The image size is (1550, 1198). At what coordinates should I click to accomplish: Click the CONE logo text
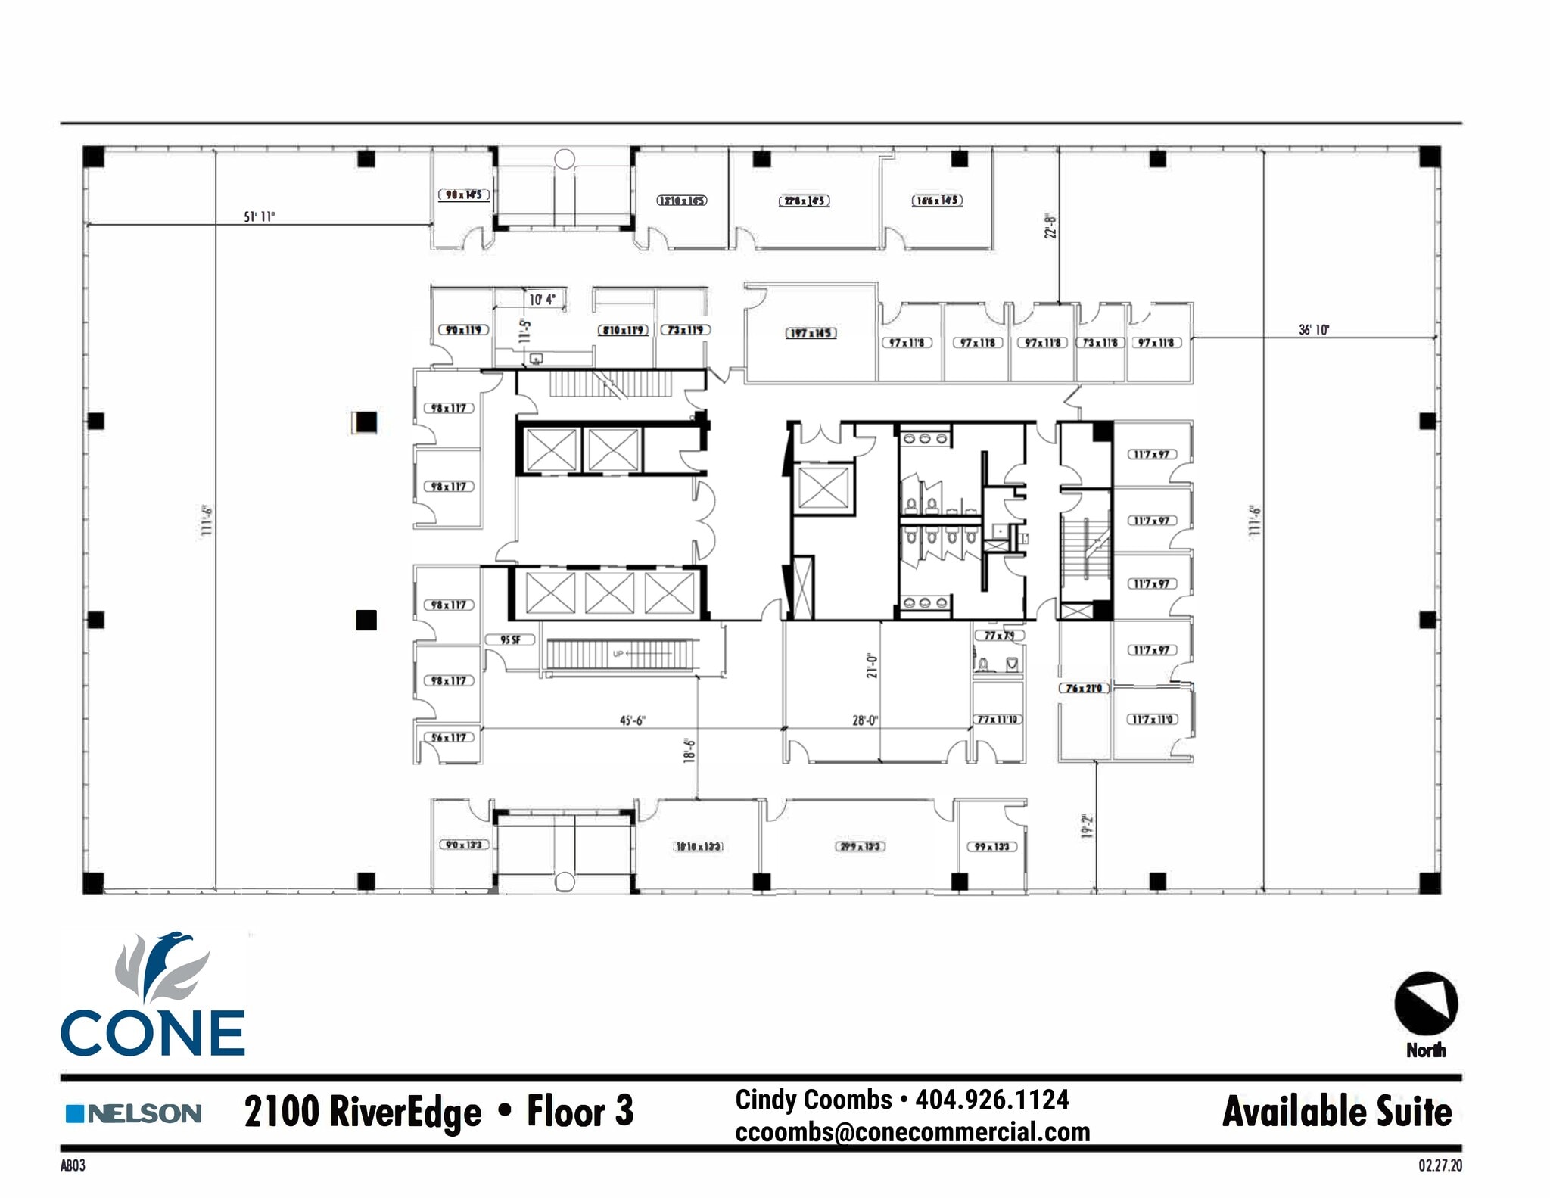(x=152, y=1033)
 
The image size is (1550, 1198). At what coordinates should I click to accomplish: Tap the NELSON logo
(x=134, y=1113)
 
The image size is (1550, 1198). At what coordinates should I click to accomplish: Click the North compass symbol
(x=1426, y=1004)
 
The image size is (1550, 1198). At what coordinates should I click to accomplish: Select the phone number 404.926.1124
(x=992, y=1099)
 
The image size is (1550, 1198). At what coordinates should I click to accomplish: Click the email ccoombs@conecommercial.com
(x=912, y=1132)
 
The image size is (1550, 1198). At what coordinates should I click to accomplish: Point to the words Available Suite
(x=1337, y=1112)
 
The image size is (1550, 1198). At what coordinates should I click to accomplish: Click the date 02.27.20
(x=1440, y=1165)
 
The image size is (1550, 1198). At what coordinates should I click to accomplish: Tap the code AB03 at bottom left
(x=73, y=1165)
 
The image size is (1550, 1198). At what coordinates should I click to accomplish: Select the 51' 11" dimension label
(x=259, y=217)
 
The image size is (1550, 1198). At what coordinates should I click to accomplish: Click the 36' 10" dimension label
(x=1314, y=330)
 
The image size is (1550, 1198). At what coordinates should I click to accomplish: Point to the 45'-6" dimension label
(x=632, y=720)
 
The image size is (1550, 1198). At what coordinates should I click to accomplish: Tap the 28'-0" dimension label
(x=864, y=720)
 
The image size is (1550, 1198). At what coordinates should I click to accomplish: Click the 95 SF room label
(x=510, y=640)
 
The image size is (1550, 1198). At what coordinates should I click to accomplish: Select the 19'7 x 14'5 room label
(x=810, y=333)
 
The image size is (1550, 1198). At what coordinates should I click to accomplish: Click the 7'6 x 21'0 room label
(x=1084, y=688)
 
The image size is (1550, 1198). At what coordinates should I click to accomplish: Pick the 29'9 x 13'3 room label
(x=860, y=846)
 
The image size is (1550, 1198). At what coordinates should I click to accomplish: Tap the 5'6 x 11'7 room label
(x=449, y=737)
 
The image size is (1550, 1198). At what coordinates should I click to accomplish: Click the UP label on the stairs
(x=618, y=654)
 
